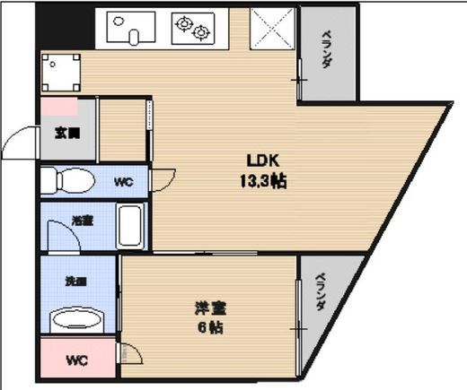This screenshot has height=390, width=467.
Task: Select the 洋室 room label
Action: pos(210,308)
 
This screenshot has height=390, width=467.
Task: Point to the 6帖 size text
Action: pos(210,327)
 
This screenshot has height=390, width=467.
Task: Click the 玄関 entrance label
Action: pos(67,134)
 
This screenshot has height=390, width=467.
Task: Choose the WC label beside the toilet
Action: pos(122,182)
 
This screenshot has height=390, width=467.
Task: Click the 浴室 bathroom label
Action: pos(83,219)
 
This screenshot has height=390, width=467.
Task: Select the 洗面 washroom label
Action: pos(75,280)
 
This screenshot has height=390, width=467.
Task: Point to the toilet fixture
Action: pos(66,180)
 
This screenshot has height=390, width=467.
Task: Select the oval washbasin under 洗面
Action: pos(79,319)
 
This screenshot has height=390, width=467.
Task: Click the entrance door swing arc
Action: pos(18,143)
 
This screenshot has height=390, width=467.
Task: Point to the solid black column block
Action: pos(64,27)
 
